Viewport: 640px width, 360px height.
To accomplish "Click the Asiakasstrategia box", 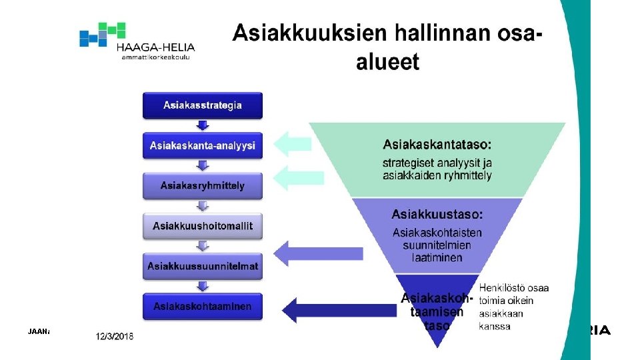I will click(203, 105).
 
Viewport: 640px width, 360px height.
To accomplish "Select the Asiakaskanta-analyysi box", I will click(203, 145).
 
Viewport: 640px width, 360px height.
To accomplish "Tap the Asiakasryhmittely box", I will click(203, 185).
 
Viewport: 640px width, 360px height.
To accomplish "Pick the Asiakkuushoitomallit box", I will click(203, 226).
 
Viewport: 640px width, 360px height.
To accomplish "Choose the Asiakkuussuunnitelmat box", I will click(203, 266).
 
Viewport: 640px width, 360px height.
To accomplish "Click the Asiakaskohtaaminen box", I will click(203, 307).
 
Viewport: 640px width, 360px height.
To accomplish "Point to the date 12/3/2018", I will click(115, 337).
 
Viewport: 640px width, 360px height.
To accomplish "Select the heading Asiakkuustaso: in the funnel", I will click(437, 214).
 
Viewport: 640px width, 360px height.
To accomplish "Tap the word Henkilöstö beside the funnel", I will click(504, 287).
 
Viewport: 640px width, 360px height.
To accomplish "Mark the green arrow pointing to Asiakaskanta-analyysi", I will click(293, 143).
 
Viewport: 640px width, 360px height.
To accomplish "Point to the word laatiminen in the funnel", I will click(437, 257).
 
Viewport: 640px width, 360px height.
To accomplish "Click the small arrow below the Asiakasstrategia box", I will click(203, 125).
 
